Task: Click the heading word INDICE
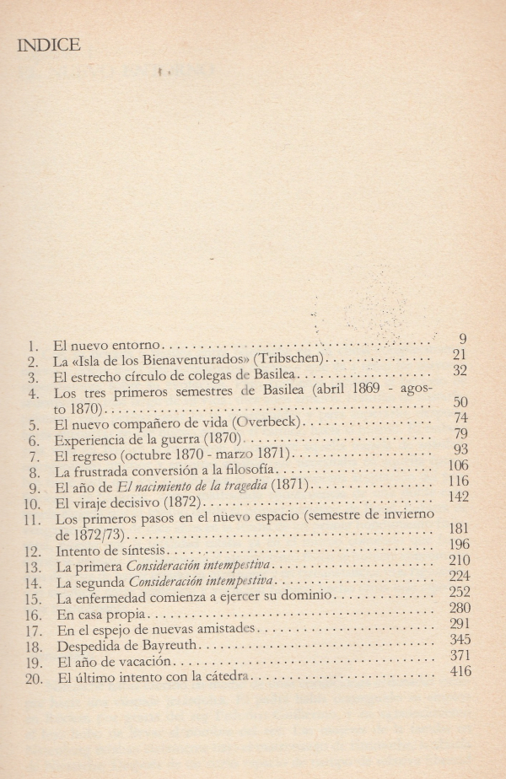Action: [49, 46]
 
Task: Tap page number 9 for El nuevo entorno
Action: [463, 339]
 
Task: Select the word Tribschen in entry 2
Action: [283, 359]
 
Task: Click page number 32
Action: [460, 369]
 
